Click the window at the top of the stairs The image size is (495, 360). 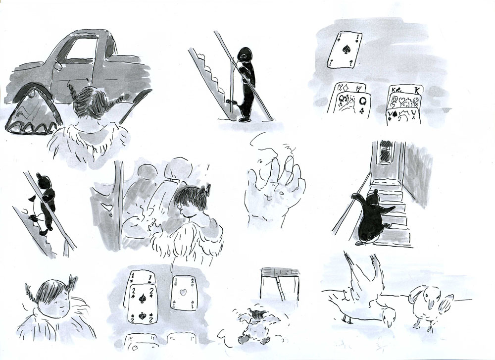click(386, 152)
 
